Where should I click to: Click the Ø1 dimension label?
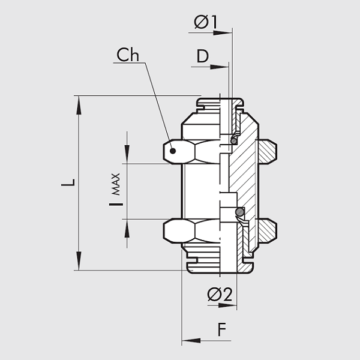[205, 22]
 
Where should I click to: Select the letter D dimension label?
[203, 57]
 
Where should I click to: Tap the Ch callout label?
[128, 55]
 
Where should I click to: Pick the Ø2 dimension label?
[219, 294]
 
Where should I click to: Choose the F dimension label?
[222, 329]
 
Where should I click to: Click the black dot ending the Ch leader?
[173, 151]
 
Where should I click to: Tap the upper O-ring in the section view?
[235, 140]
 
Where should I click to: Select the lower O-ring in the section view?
[239, 212]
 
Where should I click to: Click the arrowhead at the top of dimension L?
[79, 104]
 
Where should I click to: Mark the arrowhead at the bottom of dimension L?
[79, 263]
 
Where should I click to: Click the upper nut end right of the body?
[267, 151]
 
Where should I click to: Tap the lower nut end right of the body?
[267, 229]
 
